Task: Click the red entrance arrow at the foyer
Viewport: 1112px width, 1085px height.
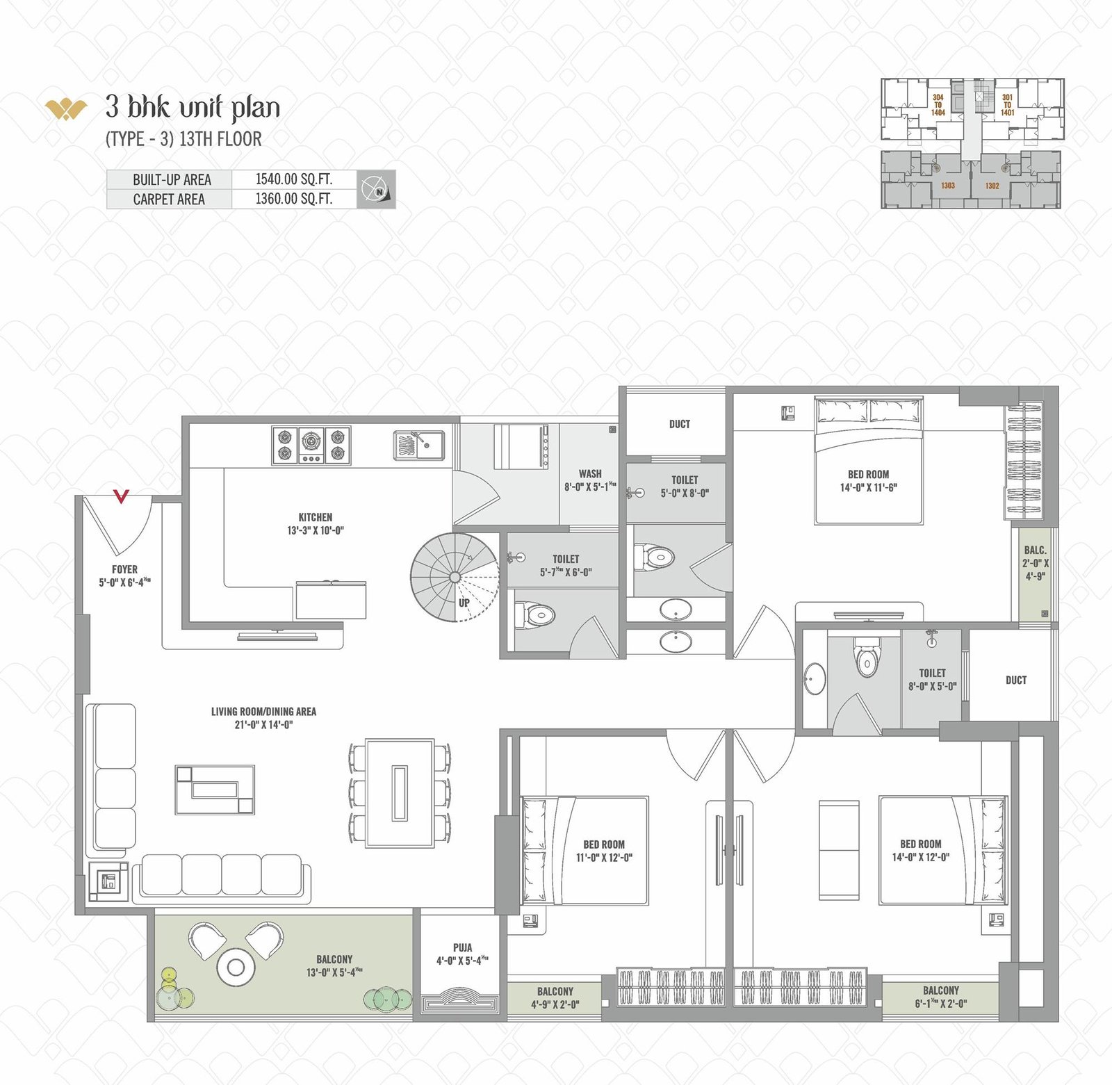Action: coord(122,496)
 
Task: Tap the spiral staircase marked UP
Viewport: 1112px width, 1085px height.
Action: coord(455,577)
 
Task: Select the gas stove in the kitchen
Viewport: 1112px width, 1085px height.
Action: coord(311,446)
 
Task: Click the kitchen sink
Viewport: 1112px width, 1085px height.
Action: coord(419,445)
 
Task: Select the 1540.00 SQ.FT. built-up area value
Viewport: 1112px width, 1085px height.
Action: coord(294,179)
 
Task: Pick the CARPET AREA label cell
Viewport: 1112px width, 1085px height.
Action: coord(169,199)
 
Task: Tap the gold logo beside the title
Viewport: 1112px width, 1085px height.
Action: coord(66,109)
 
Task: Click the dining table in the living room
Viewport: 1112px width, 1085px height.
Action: coord(400,793)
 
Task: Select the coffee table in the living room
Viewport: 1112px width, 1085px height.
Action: coord(215,790)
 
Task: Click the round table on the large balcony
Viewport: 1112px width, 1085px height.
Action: coord(235,967)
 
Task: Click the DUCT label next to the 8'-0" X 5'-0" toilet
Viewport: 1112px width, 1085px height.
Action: coord(1015,680)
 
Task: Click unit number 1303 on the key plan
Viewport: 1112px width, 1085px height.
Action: coord(948,186)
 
